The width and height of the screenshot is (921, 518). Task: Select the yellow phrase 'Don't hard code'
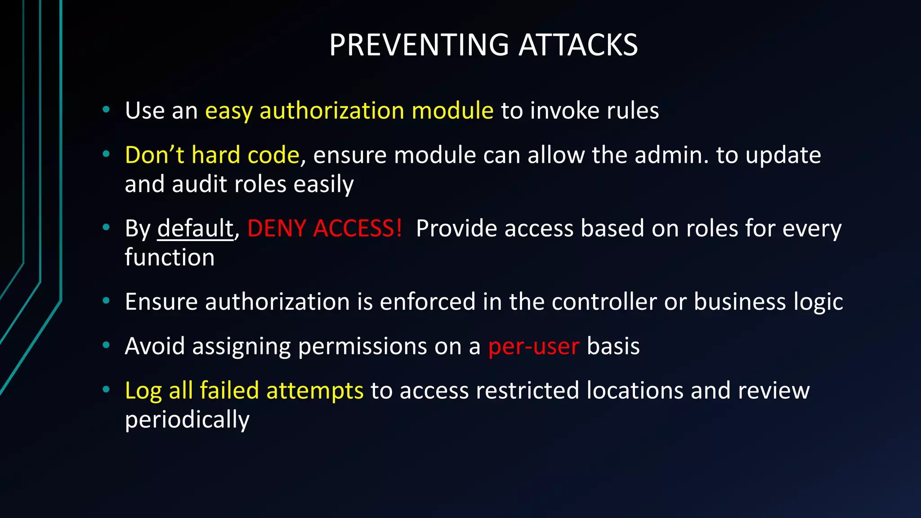click(x=212, y=155)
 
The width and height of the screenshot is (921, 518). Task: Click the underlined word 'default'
click(x=195, y=228)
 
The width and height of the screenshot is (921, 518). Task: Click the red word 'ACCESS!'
click(x=358, y=228)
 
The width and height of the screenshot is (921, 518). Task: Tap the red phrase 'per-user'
click(x=533, y=347)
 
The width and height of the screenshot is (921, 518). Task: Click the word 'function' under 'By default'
click(x=170, y=258)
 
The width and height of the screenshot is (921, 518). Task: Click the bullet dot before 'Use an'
click(x=106, y=110)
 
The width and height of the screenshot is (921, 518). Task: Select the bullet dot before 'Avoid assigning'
click(x=106, y=345)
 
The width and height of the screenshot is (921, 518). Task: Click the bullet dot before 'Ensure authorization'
click(x=106, y=301)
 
